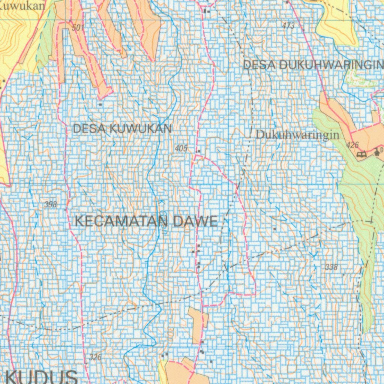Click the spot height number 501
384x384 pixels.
tap(78, 27)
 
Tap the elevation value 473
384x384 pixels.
tap(288, 26)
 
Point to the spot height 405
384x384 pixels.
tap(181, 148)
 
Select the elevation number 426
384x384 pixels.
tap(352, 145)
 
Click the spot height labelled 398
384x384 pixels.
tap(50, 204)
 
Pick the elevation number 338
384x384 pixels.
tap(331, 267)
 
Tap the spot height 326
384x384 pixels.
tap(96, 357)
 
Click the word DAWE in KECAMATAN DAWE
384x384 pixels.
tap(195, 221)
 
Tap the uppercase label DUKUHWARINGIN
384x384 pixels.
tap(332, 65)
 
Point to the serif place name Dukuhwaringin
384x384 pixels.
tap(297, 135)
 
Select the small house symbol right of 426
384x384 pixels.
tap(376, 152)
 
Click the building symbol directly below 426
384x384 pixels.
tap(362, 153)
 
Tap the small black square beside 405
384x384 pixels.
tap(199, 151)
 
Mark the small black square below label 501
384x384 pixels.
tap(100, 104)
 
